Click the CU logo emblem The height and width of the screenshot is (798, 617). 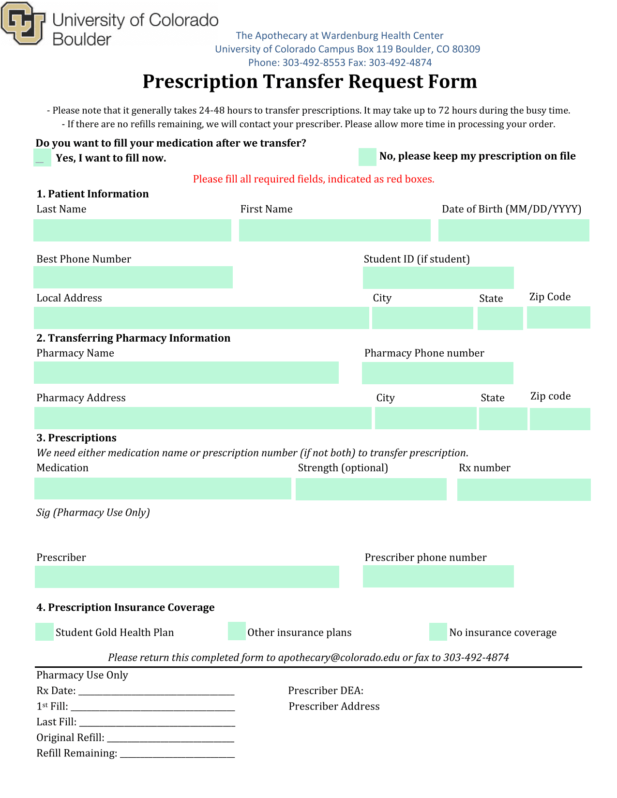tap(23, 23)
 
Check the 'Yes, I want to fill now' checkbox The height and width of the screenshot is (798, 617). tap(42, 158)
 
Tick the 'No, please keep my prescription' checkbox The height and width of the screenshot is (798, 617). tap(367, 157)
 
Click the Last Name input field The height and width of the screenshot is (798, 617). tap(132, 230)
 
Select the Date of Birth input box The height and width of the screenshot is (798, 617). tap(513, 230)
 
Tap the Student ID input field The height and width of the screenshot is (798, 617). tap(438, 278)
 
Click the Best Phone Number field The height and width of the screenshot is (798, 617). tap(133, 277)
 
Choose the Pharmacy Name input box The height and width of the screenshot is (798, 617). tap(186, 373)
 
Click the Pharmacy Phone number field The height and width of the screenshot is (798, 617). tap(437, 373)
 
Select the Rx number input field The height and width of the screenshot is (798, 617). tap(524, 490)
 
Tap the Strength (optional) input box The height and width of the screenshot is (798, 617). tap(371, 489)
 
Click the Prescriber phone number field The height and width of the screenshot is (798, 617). tap(438, 576)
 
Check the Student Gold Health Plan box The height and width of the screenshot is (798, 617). tap(45, 632)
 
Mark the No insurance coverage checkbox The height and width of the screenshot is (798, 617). tap(438, 632)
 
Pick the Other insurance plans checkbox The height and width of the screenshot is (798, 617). tap(237, 632)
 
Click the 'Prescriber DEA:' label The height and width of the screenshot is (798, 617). tap(326, 691)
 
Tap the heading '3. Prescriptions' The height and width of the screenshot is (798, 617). tap(76, 438)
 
